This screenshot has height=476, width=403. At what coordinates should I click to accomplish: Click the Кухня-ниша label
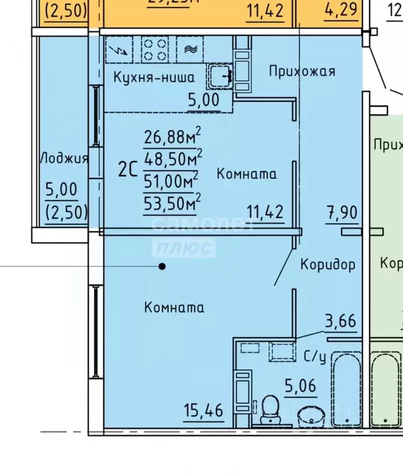pyautogui.click(x=154, y=77)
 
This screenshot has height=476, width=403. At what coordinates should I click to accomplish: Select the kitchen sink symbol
pyautogui.click(x=219, y=77)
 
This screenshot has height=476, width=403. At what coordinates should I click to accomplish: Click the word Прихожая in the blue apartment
pyautogui.click(x=302, y=71)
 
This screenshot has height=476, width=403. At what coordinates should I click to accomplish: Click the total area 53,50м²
pyautogui.click(x=171, y=203)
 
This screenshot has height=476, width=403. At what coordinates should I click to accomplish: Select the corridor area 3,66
pyautogui.click(x=340, y=321)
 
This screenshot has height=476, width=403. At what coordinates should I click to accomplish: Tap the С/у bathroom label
pyautogui.click(x=315, y=356)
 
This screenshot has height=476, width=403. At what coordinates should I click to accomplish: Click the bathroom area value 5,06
pyautogui.click(x=300, y=387)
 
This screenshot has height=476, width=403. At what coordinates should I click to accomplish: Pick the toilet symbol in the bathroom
pyautogui.click(x=270, y=411)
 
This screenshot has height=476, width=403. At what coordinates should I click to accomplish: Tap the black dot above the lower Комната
pyautogui.click(x=162, y=267)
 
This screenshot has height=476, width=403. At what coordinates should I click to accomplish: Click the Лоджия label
pyautogui.click(x=64, y=158)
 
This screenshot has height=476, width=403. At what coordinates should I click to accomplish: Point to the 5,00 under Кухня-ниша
pyautogui.click(x=203, y=99)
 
